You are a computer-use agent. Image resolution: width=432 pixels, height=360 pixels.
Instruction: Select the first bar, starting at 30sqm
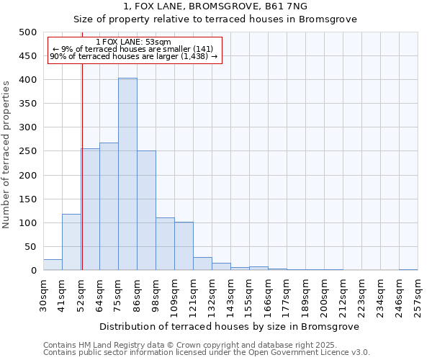click(53, 265)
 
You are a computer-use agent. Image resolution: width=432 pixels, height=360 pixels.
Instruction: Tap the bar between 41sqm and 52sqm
click(71, 243)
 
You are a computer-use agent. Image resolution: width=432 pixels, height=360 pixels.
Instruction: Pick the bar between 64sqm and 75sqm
click(109, 207)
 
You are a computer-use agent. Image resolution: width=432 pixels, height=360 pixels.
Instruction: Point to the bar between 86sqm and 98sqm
click(146, 211)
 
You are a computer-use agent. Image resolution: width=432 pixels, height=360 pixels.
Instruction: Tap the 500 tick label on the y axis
click(27, 32)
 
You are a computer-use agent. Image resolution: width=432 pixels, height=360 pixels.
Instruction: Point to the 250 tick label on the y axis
click(27, 151)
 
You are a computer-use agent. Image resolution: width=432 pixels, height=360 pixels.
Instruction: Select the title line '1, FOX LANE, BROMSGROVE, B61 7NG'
click(216, 6)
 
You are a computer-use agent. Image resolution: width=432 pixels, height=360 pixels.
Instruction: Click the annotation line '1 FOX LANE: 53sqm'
click(133, 42)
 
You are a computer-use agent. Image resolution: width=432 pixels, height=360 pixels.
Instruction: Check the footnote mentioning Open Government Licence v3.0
click(207, 353)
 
